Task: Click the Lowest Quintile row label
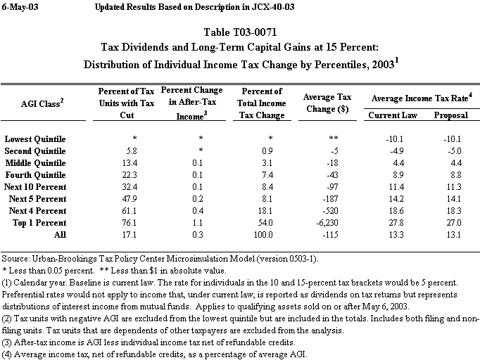pos(34,139)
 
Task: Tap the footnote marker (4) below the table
pos(9,353)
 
